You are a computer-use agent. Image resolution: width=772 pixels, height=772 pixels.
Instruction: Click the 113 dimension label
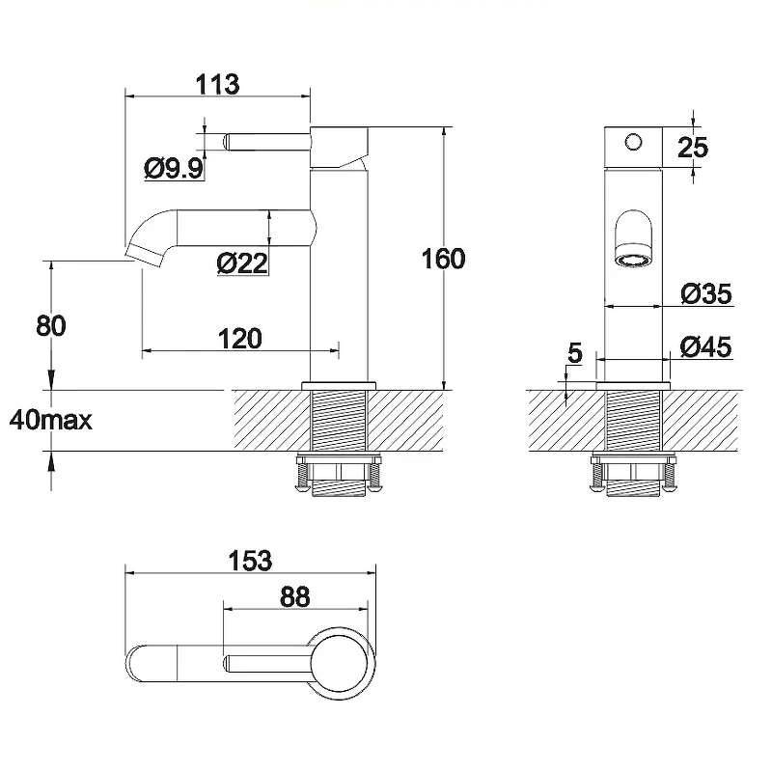218,84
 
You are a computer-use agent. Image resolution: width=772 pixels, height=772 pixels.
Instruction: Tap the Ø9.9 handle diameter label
174,168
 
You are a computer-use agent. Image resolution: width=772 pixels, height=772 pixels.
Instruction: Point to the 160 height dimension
443,259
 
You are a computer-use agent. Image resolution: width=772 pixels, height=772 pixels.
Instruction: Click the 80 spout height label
51,326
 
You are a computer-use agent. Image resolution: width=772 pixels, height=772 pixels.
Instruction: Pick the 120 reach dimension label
239,339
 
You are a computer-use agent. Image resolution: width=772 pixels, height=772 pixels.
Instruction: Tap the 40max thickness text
51,420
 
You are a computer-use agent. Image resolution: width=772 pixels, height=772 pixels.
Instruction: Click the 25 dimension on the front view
693,148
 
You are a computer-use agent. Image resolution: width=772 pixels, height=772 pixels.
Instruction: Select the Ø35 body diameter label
706,293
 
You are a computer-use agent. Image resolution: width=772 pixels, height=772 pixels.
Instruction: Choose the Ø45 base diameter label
705,346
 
